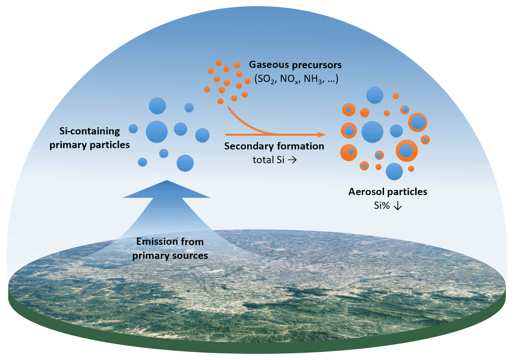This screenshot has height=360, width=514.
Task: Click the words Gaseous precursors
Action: (295, 65)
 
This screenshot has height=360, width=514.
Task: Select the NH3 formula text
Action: (313, 79)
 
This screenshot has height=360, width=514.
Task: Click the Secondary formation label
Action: (274, 146)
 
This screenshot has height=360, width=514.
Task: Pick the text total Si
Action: (268, 160)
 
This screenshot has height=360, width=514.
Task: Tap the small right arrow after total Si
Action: (292, 160)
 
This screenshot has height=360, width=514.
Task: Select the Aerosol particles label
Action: (388, 192)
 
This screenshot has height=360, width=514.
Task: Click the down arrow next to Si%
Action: (397, 206)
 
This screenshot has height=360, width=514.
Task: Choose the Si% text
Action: (382, 206)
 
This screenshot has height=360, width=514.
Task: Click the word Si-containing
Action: (89, 131)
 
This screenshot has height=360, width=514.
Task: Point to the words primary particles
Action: (89, 145)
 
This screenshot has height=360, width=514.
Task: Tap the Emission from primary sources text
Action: (170, 249)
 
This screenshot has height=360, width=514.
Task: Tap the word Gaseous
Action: (269, 65)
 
